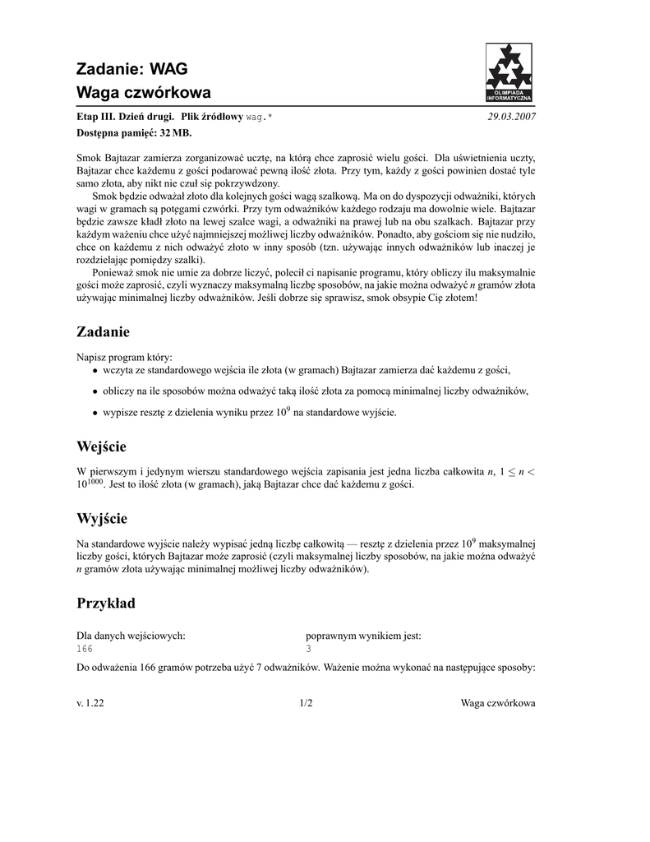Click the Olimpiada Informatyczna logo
coord(509,72)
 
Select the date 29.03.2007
coord(511,118)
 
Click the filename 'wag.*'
coord(259,118)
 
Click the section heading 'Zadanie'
coord(103,331)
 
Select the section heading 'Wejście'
coord(101,446)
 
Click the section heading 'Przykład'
coord(106,604)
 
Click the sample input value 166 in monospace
coord(85,649)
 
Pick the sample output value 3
coord(308,649)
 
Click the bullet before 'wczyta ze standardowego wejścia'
coord(95,372)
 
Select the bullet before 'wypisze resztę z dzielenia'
coord(95,414)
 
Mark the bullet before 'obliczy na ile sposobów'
coord(95,393)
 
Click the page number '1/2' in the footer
coord(306,704)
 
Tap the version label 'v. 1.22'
coord(90,704)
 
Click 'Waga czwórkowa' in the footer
coord(498,704)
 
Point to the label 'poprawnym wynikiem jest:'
coord(363,636)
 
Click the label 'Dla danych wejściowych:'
coord(131,636)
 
